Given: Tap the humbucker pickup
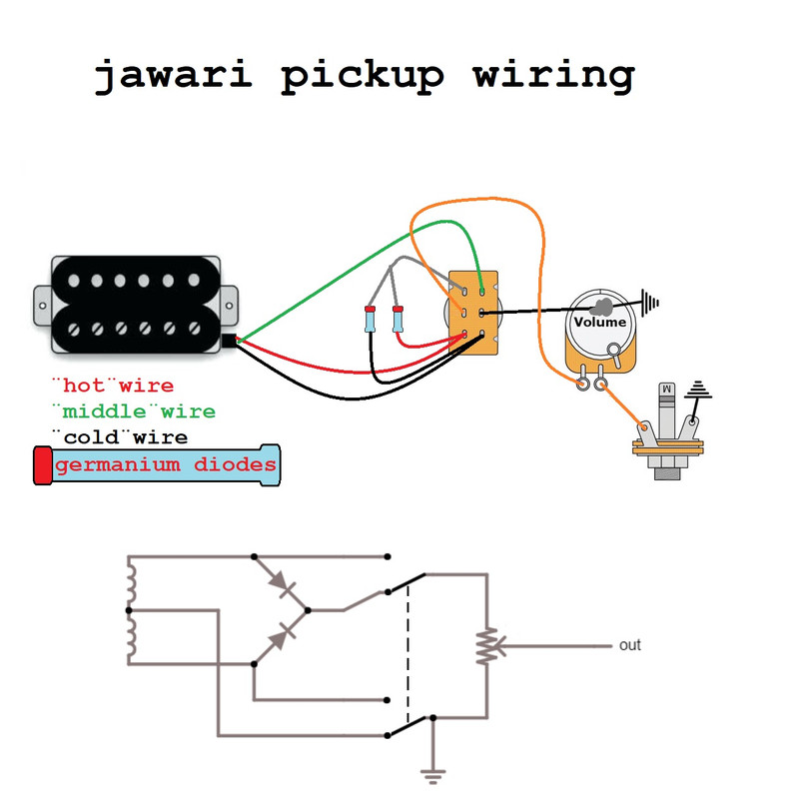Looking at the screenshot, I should tap(135, 304).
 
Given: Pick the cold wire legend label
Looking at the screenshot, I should tap(119, 437).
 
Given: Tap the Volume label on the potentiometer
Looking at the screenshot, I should tap(599, 322).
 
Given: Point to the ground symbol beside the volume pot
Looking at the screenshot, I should tap(651, 300).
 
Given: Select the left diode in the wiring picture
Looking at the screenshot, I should tap(370, 321).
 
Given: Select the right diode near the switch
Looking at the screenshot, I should tap(399, 321).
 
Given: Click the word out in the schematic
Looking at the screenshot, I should tap(629, 645).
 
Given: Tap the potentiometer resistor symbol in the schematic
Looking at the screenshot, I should tap(486, 646).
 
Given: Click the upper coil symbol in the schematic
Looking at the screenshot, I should tap(131, 584).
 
